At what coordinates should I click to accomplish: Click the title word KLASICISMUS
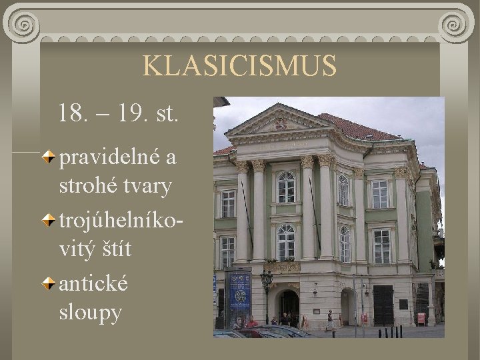tap(239, 66)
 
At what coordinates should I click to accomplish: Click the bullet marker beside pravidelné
tap(51, 158)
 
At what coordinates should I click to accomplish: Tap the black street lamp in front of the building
tap(266, 293)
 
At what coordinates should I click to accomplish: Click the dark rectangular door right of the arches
tap(383, 305)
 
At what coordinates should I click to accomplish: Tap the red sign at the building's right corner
tap(421, 318)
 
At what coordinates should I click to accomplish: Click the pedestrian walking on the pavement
tap(329, 319)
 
